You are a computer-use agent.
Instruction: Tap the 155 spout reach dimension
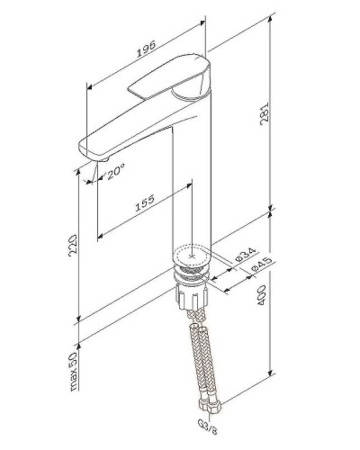point(145,206)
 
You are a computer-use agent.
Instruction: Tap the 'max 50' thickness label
point(78,369)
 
